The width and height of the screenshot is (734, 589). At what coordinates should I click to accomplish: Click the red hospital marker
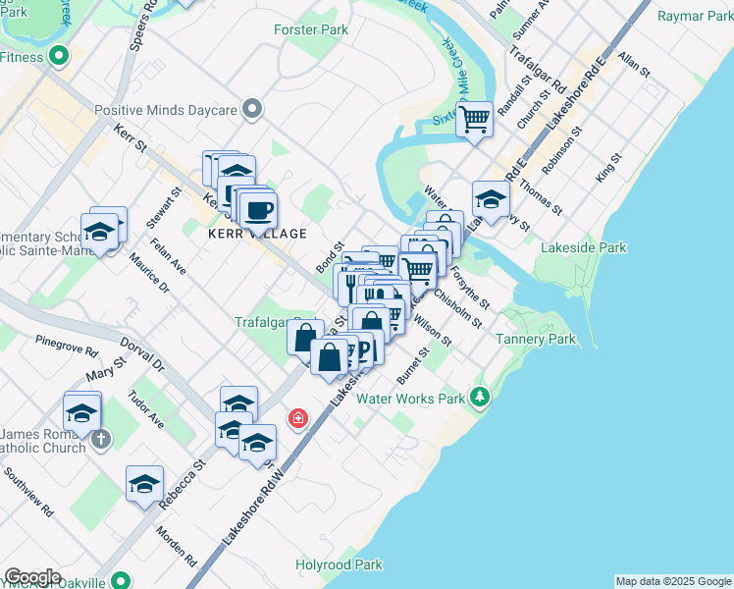click(297, 420)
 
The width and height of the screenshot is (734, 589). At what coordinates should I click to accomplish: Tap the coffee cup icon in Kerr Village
click(259, 209)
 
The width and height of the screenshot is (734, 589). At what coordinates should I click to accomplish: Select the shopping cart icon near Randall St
click(475, 120)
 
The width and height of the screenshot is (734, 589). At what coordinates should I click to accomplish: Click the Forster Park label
click(311, 30)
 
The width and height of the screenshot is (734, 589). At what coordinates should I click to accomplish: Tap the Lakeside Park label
click(584, 248)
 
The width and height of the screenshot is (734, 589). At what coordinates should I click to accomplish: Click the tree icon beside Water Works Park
click(479, 398)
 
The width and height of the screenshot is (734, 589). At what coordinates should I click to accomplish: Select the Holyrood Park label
click(340, 565)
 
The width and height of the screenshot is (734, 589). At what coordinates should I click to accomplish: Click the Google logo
click(32, 577)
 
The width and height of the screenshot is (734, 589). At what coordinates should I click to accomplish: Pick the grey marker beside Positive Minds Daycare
click(254, 108)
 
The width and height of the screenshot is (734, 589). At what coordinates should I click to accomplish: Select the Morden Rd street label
click(178, 549)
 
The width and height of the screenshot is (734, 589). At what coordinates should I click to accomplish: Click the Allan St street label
click(634, 66)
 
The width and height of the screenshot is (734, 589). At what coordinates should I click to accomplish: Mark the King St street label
click(608, 168)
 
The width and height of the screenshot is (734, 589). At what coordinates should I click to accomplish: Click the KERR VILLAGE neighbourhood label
click(257, 234)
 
